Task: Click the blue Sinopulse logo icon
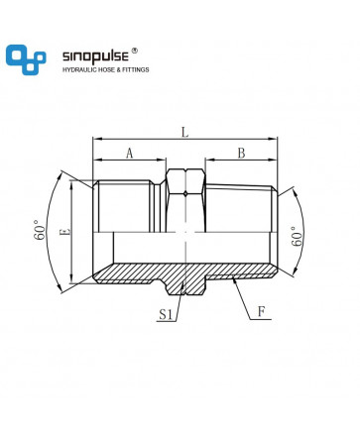point(26,59)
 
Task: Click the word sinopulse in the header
point(95,56)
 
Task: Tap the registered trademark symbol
point(134,51)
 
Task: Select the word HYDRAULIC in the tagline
point(78,69)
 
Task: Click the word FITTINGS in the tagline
point(136,69)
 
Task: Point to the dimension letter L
point(185,132)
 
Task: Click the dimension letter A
point(130,154)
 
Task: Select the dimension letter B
point(242,154)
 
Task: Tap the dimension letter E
point(66,232)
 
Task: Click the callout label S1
point(166,314)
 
